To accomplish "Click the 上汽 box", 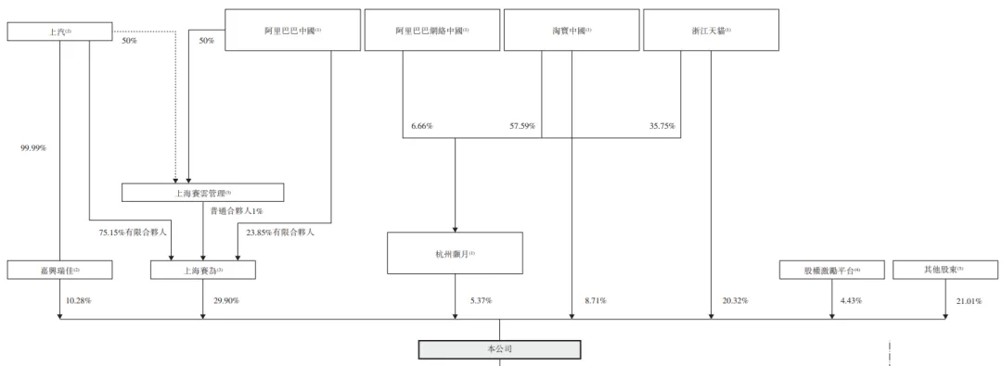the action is pos(59,32).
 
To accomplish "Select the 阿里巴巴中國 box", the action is pos(292,31).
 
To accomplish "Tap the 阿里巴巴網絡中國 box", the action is pos(431,31).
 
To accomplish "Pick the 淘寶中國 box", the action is pos(572,31).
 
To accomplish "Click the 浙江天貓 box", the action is pos(712,31).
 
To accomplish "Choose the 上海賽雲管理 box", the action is pos(203,193).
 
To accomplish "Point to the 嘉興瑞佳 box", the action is pos(59,271).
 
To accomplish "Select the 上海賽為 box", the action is pos(203,271).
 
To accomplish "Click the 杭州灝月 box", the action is pos(455,253).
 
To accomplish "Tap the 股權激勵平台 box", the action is pos(832,271).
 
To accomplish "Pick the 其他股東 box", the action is pos(944,270).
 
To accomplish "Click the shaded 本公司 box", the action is pos(499,349).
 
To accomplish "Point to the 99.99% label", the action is pos(33,147).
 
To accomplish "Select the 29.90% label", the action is pos(226,301).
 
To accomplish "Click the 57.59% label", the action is pos(522,126).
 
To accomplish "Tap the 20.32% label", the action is pos(735,301).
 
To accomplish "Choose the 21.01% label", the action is pos(969,301).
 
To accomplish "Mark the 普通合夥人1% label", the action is pos(238,212).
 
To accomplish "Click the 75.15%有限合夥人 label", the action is pos(133,233).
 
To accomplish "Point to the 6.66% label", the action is pos(421,126).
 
